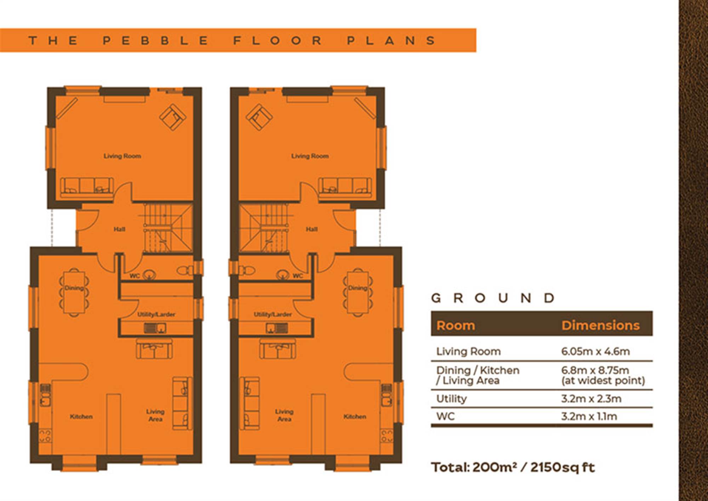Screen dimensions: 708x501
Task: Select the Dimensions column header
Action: [x=601, y=325]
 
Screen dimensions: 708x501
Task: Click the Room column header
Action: [x=456, y=325]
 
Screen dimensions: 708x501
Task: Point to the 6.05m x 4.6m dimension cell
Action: [x=595, y=351]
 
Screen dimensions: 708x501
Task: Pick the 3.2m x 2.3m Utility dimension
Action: [x=591, y=399]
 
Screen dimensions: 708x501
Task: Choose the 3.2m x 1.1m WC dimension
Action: [x=589, y=416]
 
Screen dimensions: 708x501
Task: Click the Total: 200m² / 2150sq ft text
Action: [x=513, y=467]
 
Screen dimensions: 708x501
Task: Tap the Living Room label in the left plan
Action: [x=122, y=156]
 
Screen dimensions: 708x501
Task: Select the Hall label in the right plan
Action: [x=312, y=229]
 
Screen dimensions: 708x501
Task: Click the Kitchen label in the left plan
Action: [x=81, y=416]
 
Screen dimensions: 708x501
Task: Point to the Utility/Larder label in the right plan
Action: [x=273, y=314]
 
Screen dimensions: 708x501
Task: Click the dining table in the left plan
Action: [x=74, y=291]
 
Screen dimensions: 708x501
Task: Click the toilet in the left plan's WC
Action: [x=185, y=271]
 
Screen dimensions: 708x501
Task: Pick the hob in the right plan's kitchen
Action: [x=387, y=436]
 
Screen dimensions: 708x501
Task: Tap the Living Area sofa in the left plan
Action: [x=182, y=403]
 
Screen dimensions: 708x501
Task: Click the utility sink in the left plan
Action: [x=155, y=328]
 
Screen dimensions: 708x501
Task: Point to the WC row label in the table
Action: [x=445, y=416]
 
